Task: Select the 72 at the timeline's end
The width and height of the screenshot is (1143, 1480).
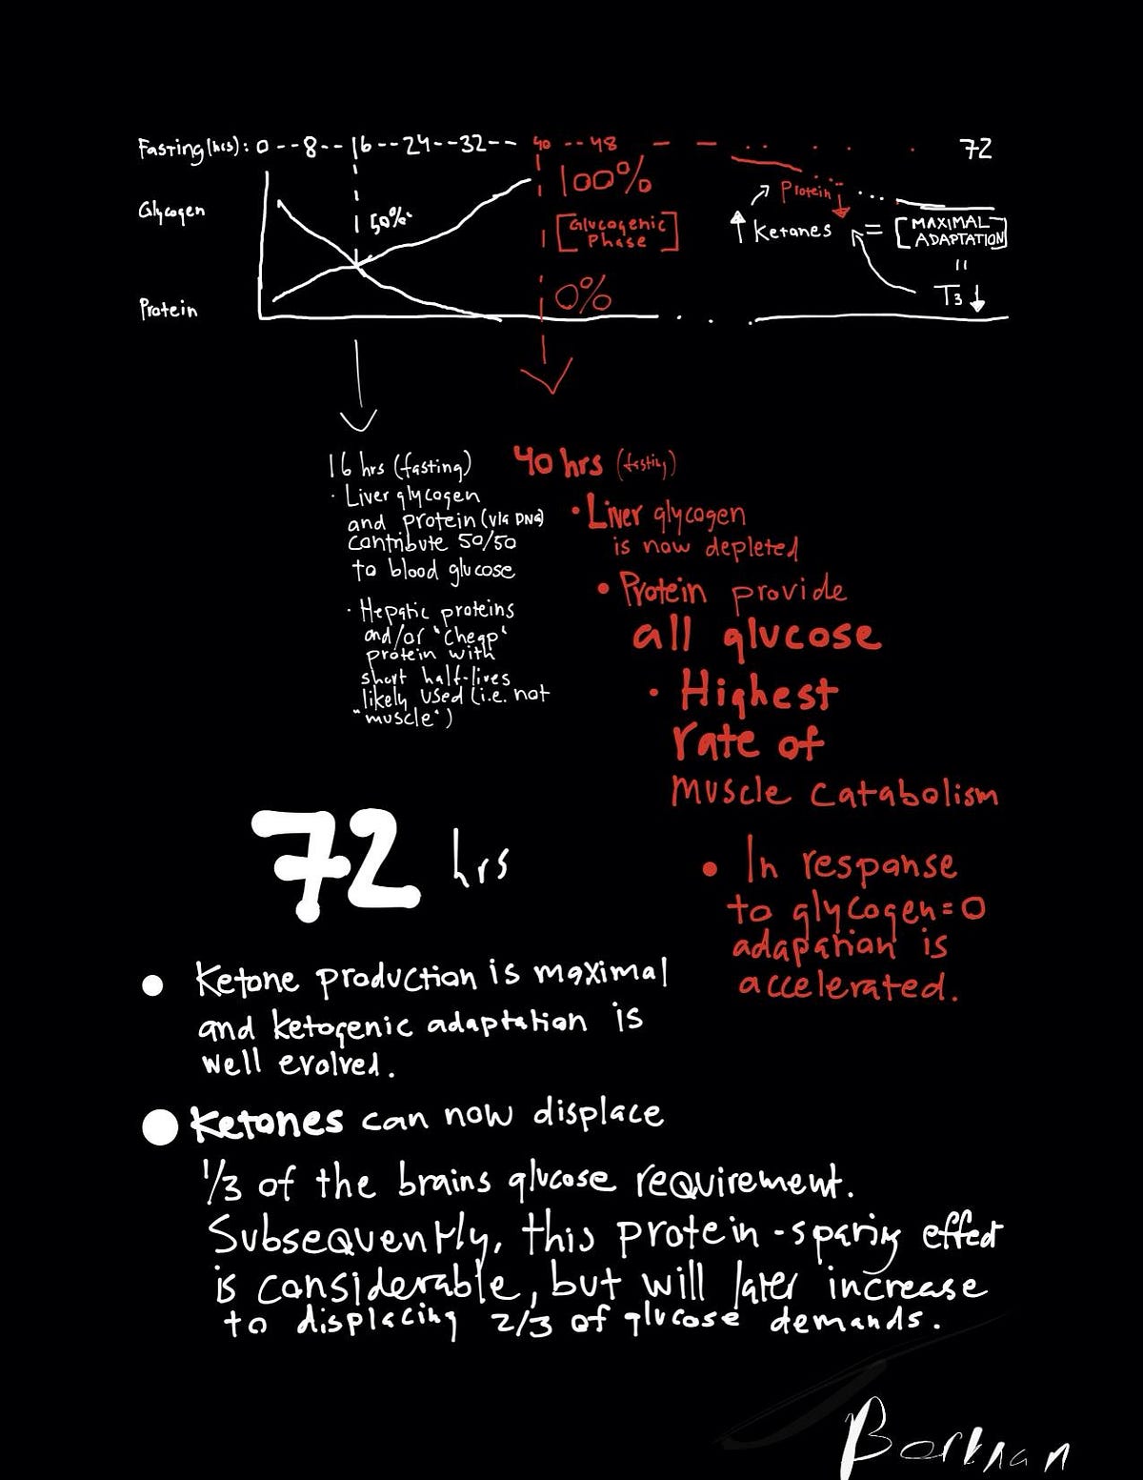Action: tap(975, 149)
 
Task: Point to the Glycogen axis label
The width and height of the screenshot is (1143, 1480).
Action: tap(171, 212)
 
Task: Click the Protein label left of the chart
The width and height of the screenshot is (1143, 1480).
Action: tap(169, 310)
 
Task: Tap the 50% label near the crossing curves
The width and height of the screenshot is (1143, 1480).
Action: tap(389, 221)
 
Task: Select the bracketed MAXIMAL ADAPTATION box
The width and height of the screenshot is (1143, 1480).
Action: tap(952, 232)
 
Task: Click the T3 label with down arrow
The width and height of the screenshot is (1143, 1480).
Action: tap(960, 296)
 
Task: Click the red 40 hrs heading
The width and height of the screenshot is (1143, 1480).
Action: tap(558, 463)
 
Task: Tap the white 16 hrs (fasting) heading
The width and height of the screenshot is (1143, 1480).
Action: tap(399, 466)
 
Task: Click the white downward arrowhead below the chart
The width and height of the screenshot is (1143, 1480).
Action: tap(358, 420)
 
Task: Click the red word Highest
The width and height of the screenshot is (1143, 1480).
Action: tap(758, 691)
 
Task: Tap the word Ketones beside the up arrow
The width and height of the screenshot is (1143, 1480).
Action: tap(792, 231)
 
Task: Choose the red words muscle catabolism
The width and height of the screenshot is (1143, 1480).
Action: tap(833, 792)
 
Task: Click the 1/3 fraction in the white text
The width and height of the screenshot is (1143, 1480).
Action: tap(221, 1184)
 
